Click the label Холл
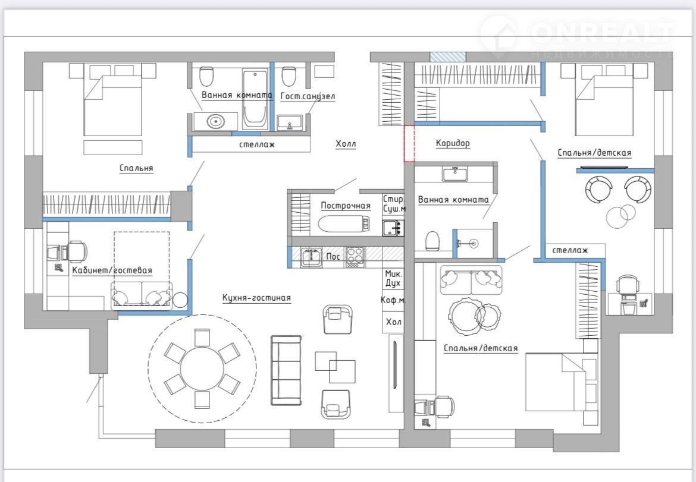[346, 144]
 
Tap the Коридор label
[453, 143]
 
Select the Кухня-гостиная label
[256, 298]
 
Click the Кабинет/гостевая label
[112, 270]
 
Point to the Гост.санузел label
[308, 96]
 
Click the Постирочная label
[346, 205]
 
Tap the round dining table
[202, 368]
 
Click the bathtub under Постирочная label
[344, 223]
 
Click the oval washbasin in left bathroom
[216, 121]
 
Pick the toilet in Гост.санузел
[289, 76]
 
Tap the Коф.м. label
[393, 300]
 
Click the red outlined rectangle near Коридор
[409, 143]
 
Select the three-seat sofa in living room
[286, 370]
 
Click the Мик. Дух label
[393, 279]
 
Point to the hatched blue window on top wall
[448, 56]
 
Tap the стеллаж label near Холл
[257, 144]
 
